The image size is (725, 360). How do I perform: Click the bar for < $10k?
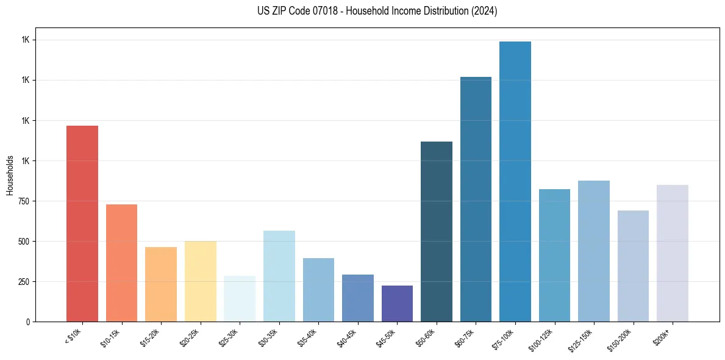(x=82, y=223)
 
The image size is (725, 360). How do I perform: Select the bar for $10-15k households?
(x=121, y=262)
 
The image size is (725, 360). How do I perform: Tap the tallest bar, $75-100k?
(x=515, y=181)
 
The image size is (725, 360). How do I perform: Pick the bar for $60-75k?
(x=476, y=199)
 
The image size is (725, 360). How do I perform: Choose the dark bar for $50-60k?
(x=436, y=231)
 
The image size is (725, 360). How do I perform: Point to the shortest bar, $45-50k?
(x=397, y=303)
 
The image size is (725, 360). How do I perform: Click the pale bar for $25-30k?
(x=240, y=298)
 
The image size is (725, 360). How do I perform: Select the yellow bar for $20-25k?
(x=200, y=281)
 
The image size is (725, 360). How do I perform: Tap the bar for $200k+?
(x=672, y=253)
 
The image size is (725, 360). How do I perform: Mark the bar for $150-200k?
(x=633, y=265)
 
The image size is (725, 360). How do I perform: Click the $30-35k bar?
(x=279, y=276)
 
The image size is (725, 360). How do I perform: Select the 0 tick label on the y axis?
(x=27, y=322)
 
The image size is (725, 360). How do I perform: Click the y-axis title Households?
(x=10, y=175)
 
